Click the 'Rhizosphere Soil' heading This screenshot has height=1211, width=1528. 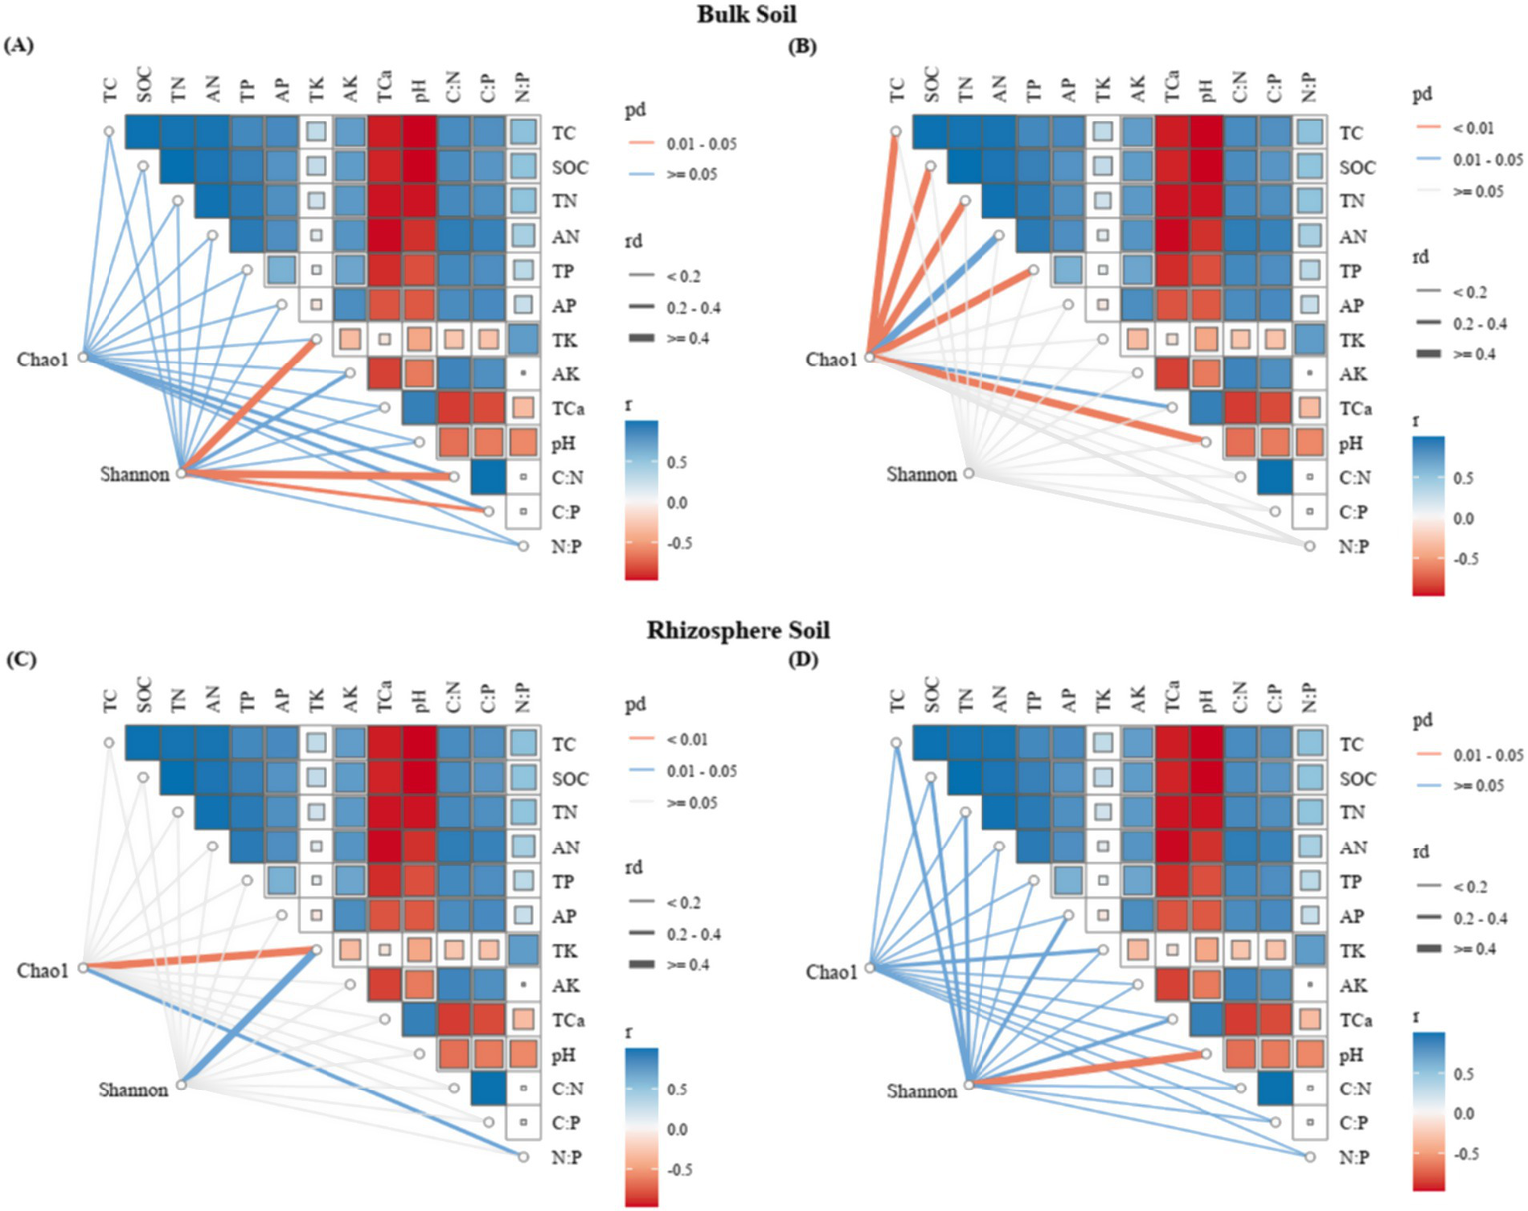pyautogui.click(x=738, y=630)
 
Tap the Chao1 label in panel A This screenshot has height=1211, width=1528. pyautogui.click(x=43, y=359)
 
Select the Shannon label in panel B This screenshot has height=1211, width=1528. pyautogui.click(x=921, y=474)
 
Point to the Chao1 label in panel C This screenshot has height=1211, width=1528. pyautogui.click(x=43, y=970)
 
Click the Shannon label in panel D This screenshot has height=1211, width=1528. pyautogui.click(x=921, y=1090)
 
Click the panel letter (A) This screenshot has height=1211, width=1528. pyautogui.click(x=19, y=45)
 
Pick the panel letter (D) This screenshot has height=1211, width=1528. pyautogui.click(x=803, y=659)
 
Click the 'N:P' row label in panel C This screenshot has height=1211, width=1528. pyautogui.click(x=566, y=1157)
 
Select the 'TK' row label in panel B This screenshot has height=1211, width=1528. pyautogui.click(x=1351, y=340)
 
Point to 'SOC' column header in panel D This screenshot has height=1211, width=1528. pyautogui.click(x=932, y=695)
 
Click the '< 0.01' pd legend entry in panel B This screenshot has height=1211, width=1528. pyautogui.click(x=1472, y=127)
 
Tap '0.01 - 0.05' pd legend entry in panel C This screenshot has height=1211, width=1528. pyautogui.click(x=702, y=771)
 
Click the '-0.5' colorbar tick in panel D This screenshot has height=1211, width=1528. pyautogui.click(x=1467, y=1154)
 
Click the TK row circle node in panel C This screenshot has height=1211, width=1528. pyautogui.click(x=316, y=950)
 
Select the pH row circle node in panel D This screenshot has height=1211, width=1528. pyautogui.click(x=1206, y=1054)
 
